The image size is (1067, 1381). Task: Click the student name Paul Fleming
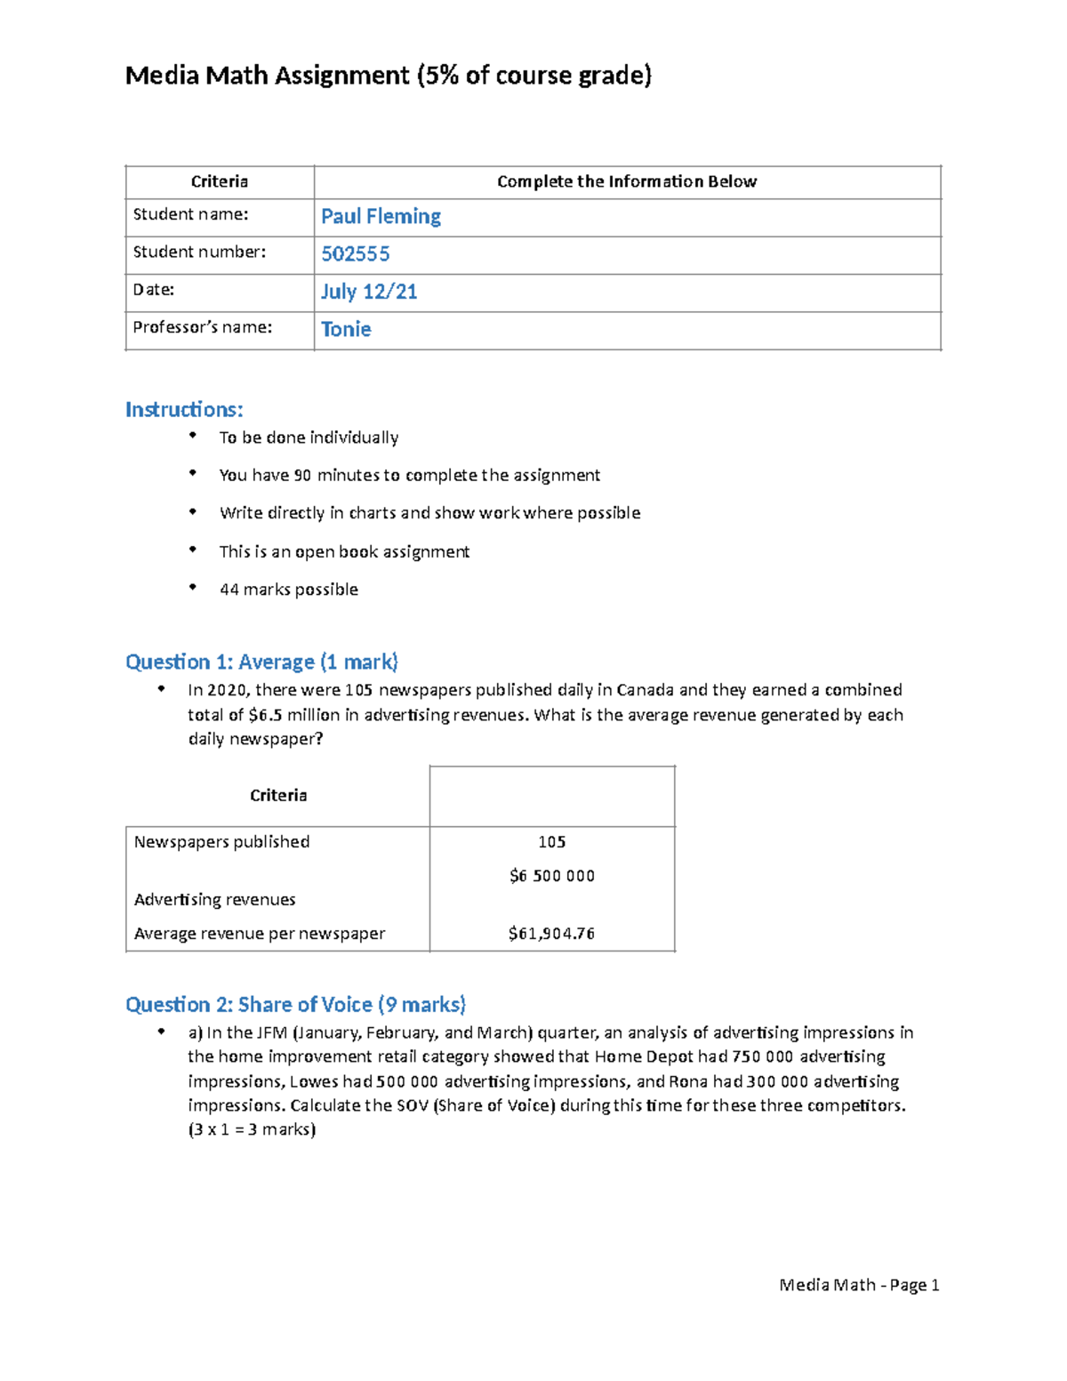pyautogui.click(x=381, y=216)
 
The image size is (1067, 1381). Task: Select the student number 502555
pyautogui.click(x=355, y=254)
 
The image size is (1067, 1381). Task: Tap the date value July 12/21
pyautogui.click(x=368, y=292)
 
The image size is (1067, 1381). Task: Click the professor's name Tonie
pyautogui.click(x=346, y=329)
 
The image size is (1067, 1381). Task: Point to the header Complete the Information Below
pyautogui.click(x=626, y=181)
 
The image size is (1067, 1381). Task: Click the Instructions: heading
pyautogui.click(x=184, y=410)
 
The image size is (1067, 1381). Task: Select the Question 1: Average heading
pyautogui.click(x=261, y=662)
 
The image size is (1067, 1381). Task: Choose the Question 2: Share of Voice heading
pyautogui.click(x=295, y=1005)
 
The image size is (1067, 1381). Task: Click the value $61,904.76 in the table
pyautogui.click(x=551, y=934)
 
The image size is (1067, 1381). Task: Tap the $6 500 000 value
pyautogui.click(x=551, y=876)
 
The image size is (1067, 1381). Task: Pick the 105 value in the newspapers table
pyautogui.click(x=551, y=842)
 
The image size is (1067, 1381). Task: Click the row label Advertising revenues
pyautogui.click(x=214, y=900)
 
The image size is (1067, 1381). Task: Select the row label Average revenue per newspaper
pyautogui.click(x=260, y=934)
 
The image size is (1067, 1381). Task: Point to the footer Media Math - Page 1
pyautogui.click(x=859, y=1285)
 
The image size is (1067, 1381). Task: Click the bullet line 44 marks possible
pyautogui.click(x=288, y=590)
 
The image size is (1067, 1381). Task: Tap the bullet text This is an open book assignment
pyautogui.click(x=344, y=551)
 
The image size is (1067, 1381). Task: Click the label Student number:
pyautogui.click(x=199, y=252)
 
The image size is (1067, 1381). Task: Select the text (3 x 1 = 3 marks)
pyautogui.click(x=252, y=1129)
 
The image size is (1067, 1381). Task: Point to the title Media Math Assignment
pyautogui.click(x=267, y=76)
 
